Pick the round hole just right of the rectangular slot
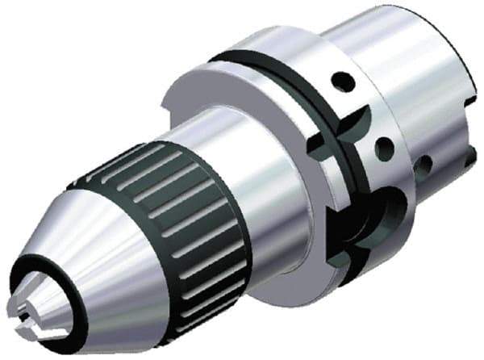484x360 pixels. [x=386, y=149]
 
